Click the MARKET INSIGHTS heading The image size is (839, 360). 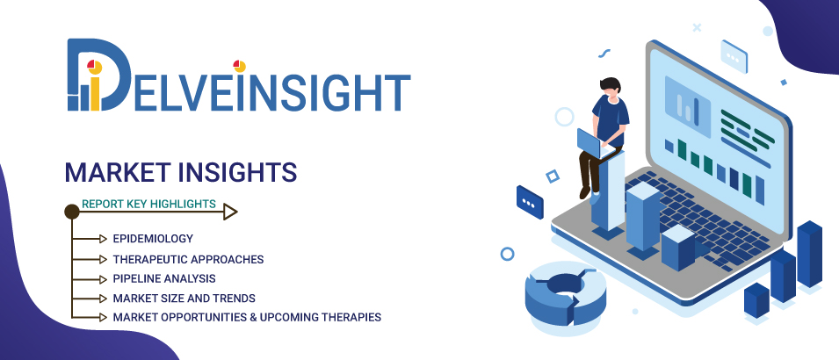(x=181, y=170)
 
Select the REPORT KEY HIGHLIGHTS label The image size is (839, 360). (x=148, y=205)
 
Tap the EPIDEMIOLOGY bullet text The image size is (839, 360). (x=153, y=239)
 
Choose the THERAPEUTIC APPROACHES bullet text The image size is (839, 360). (x=188, y=259)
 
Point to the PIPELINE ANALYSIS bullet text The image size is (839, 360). (x=164, y=279)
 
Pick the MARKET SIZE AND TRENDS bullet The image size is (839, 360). (x=184, y=299)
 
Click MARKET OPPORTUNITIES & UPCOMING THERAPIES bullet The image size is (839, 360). (x=247, y=317)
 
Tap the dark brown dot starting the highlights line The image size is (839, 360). (x=72, y=212)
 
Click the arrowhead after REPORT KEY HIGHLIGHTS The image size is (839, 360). (x=230, y=212)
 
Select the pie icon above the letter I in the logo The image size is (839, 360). (x=239, y=66)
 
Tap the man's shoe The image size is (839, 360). (x=584, y=191)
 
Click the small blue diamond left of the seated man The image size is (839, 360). (x=552, y=176)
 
